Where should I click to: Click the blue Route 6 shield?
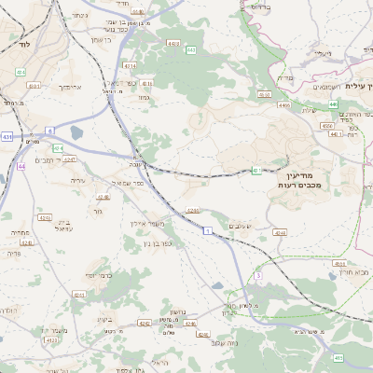click(48, 131)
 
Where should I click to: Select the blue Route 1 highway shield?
click(209, 228)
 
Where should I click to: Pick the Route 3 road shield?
click(258, 276)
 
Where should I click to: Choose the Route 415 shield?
click(338, 357)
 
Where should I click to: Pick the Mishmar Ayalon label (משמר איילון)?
click(147, 224)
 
